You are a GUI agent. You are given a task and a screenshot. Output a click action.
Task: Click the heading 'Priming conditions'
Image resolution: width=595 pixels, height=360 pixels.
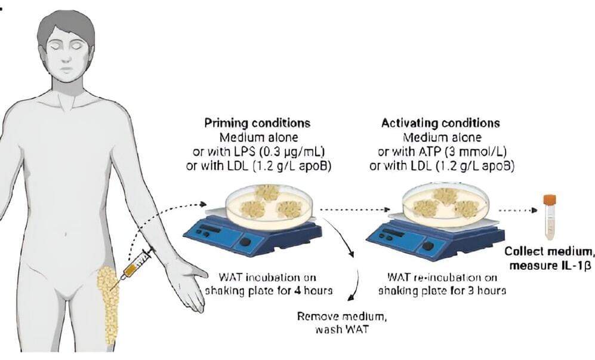click(257, 124)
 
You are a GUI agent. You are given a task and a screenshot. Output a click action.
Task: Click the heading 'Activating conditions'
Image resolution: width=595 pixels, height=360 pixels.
click(440, 124)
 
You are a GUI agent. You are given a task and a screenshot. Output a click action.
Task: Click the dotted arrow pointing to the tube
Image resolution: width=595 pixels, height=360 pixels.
click(518, 210)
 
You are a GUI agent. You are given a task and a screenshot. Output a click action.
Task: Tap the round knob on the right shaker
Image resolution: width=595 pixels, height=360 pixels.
click(427, 245)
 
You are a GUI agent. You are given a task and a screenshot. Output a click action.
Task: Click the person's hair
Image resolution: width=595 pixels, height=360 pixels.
click(65, 27)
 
